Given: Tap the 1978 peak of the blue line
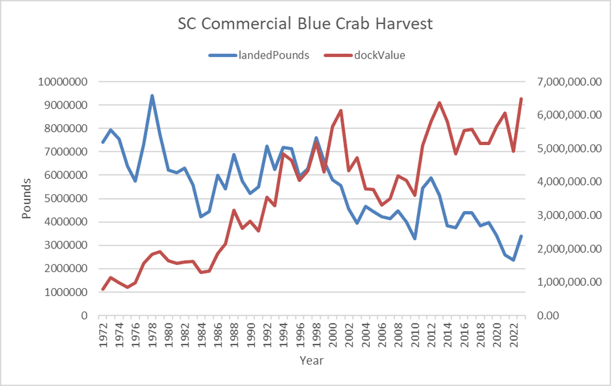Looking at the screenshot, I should tap(152, 96).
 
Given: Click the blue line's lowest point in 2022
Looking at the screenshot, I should tap(513, 260).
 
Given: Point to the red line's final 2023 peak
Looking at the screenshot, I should tap(521, 99).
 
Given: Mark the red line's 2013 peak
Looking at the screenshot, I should tap(439, 103).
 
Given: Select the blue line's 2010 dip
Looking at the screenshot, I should tap(415, 238).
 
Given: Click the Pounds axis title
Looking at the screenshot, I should tap(27, 199).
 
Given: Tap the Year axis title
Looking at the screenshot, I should tap(312, 360).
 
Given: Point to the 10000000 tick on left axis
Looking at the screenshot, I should tap(64, 82).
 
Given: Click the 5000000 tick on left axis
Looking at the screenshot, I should tap(66, 199).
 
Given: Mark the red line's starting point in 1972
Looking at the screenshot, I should tap(103, 289).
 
